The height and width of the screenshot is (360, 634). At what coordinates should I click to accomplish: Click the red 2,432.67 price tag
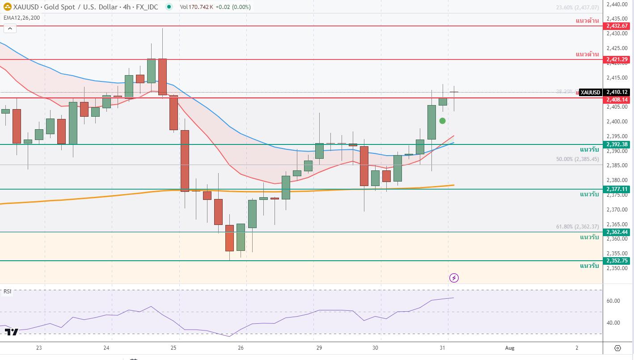(x=617, y=26)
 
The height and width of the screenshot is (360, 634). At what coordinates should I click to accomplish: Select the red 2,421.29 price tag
(x=617, y=59)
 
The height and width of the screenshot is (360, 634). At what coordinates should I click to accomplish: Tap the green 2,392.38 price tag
(x=617, y=144)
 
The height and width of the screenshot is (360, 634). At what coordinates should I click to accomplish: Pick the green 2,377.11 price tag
(x=617, y=189)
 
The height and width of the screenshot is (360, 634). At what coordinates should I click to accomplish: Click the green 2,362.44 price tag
(x=617, y=232)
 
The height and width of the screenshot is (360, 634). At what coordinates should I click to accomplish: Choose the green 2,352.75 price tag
(x=617, y=261)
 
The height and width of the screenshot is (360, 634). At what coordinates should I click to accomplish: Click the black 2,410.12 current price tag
(x=617, y=92)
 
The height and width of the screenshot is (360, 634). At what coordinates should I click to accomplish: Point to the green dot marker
(x=443, y=121)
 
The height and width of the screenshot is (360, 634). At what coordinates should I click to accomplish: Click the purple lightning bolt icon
(x=454, y=278)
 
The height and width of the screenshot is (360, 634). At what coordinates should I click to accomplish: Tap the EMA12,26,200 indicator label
(x=21, y=18)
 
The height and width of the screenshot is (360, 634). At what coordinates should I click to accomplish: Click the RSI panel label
(x=7, y=292)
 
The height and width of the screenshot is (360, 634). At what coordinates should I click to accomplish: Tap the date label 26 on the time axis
(x=241, y=348)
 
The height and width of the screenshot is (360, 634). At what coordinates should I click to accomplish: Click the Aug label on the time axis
(x=508, y=348)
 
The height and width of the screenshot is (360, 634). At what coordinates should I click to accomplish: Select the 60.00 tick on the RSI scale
(x=613, y=301)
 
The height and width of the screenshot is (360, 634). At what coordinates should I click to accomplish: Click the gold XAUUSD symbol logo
(x=7, y=7)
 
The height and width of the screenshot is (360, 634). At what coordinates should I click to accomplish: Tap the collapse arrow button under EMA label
(x=10, y=29)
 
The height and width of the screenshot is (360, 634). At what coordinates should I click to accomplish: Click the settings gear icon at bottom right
(x=617, y=348)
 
